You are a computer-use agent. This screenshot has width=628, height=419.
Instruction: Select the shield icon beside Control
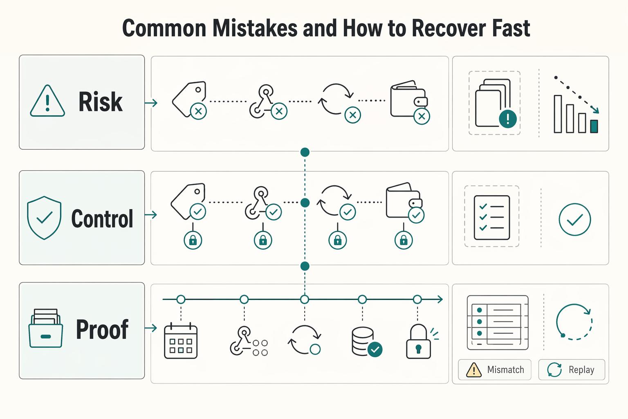44,218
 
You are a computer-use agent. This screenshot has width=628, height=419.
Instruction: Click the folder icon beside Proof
46,328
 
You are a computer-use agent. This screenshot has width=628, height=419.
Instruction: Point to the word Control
102,219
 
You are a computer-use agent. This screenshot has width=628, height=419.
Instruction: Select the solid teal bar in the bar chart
594,126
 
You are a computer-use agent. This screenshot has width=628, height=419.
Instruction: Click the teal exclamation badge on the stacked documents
508,119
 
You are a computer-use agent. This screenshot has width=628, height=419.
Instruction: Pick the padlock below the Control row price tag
193,240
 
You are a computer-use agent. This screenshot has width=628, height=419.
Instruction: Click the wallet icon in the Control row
404,200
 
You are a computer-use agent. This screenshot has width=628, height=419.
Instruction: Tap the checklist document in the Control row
492,218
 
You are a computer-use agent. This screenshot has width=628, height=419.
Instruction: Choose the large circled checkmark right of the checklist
575,219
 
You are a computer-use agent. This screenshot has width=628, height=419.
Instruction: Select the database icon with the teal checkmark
367,342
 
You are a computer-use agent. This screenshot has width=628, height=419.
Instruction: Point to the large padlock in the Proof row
418,342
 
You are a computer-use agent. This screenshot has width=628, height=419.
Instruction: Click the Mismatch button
495,369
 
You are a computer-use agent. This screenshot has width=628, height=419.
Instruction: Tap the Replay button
572,369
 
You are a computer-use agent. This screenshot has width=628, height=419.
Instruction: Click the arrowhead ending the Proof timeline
440,300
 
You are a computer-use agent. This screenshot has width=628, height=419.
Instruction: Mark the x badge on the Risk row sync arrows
353,115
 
